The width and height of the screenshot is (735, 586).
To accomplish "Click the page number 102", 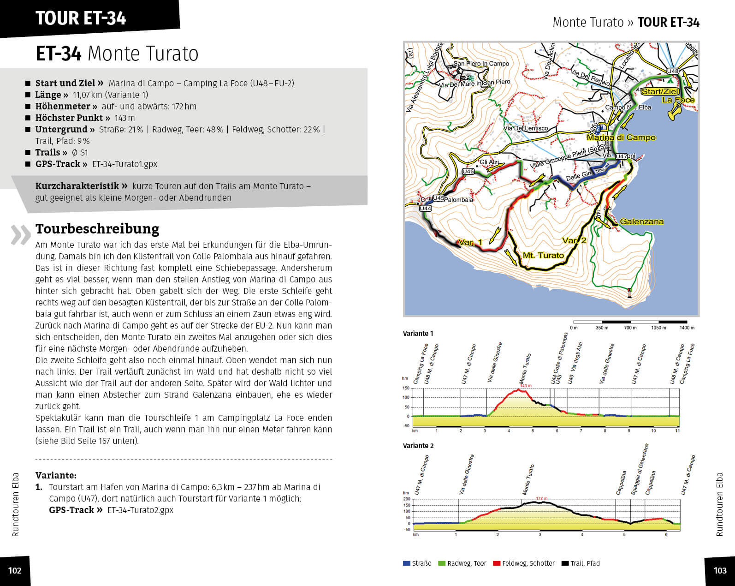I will (15, 570).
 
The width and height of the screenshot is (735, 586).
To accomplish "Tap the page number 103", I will (720, 570).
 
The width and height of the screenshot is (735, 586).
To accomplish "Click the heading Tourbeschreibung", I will (97, 229).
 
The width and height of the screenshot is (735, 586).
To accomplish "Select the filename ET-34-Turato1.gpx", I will (124, 164).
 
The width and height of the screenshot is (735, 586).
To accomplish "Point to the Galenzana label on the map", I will (641, 221).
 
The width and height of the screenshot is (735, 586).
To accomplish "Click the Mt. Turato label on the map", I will (543, 255).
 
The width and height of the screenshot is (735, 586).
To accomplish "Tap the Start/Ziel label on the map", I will (660, 91).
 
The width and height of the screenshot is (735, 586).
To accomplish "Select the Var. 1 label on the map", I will (470, 242).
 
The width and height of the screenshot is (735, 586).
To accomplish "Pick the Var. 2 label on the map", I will (574, 240).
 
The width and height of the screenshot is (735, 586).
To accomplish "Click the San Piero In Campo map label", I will (481, 64).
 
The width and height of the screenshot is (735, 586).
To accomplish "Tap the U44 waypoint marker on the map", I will (425, 209).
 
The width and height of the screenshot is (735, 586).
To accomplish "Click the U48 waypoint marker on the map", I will (673, 71).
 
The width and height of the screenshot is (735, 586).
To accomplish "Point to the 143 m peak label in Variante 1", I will (526, 386).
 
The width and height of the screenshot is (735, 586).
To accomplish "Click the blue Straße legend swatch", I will (406, 563).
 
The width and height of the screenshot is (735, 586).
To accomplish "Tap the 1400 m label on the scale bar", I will (687, 328).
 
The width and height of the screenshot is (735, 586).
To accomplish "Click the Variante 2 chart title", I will (418, 446).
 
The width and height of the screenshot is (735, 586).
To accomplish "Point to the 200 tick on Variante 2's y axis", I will (406, 499).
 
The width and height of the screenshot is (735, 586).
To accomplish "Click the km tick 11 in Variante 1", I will (677, 431).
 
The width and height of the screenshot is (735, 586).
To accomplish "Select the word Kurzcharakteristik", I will (77, 186).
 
